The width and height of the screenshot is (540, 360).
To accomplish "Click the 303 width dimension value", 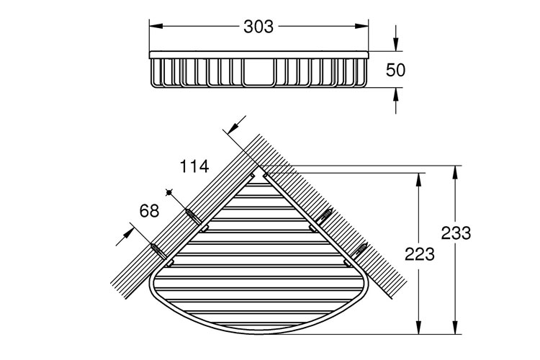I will pos(258,27).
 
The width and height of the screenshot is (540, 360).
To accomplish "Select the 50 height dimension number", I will pos(396,70).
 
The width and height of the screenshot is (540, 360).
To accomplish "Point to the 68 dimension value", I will pos(149,211).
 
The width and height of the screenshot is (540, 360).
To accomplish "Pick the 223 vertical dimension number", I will pos(420,253).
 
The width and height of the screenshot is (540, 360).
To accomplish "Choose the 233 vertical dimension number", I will pos(456,233).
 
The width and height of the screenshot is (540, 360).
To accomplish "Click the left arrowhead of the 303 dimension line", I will pos(153,27).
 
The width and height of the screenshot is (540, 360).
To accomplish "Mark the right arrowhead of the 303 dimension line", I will pos(365,27).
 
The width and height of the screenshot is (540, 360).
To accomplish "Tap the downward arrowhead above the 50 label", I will pos(395,45).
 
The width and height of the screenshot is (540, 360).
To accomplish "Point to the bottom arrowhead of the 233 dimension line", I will pos(454,329).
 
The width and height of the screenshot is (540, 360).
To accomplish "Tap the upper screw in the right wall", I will pos(325,215).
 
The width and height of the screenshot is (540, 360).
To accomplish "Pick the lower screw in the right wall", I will pos(360,250).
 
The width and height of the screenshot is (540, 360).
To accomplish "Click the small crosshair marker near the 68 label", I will pos(170,192).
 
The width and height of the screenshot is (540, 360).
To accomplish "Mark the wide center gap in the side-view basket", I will pos(258,73).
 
